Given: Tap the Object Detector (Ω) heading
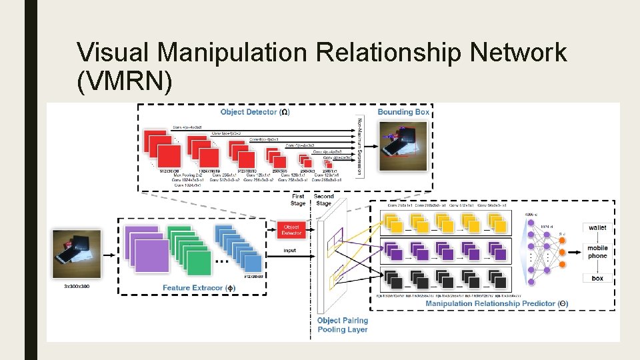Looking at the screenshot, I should (255, 112).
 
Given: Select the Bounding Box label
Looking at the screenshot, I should (403, 112).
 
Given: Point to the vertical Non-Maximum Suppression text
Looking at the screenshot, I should (361, 146).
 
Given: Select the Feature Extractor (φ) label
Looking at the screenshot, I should (199, 287).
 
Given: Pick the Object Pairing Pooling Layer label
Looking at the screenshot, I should (343, 325).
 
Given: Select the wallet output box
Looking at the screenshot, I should (597, 228).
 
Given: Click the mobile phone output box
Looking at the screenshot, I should (597, 252).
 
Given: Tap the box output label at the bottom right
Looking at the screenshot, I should (597, 277).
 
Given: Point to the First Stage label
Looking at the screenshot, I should (298, 199).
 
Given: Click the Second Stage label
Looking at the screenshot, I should (324, 199).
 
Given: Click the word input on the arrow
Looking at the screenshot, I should (289, 251).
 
